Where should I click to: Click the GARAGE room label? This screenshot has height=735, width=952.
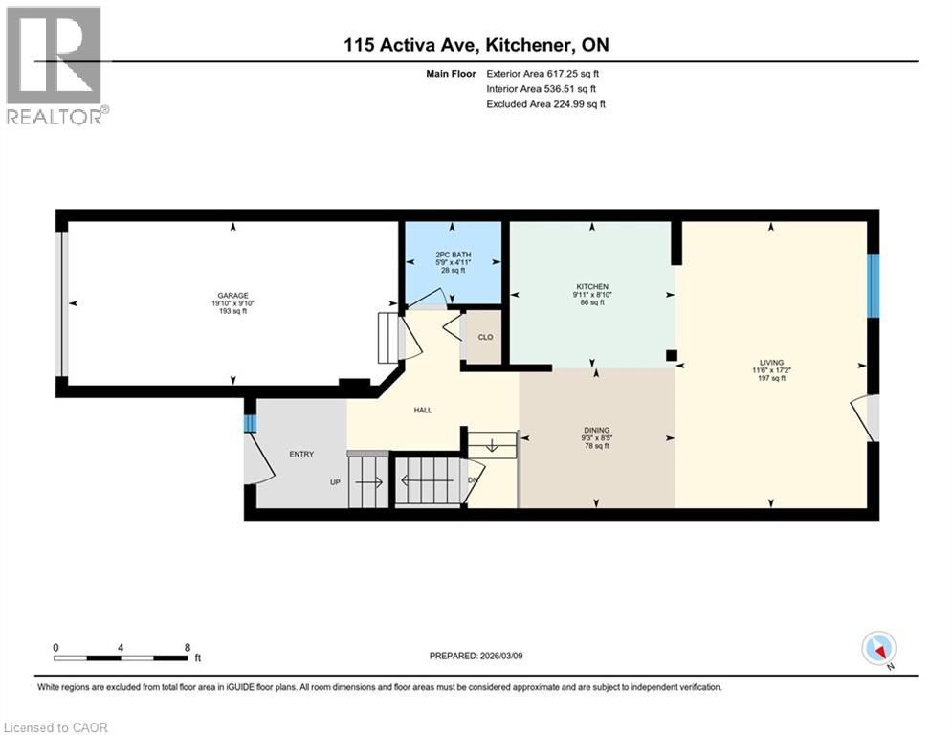(227, 296)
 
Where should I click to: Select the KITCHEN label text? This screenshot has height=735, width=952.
(592, 286)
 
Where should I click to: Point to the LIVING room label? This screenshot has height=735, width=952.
(770, 363)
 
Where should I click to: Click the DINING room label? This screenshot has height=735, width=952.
(596, 430)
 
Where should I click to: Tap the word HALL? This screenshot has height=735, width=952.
(422, 410)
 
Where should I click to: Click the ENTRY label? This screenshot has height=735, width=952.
(301, 454)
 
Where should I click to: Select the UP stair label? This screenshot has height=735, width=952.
(335, 481)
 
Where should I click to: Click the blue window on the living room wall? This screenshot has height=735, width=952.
(872, 285)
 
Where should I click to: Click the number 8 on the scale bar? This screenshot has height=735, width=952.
(187, 647)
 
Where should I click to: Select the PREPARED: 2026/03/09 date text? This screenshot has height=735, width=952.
(484, 656)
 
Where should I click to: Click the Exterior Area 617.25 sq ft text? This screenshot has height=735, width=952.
(543, 73)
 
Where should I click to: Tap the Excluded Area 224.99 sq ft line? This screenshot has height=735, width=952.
(545, 103)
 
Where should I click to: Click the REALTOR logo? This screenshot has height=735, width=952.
(55, 65)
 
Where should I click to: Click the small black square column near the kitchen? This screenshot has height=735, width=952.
(672, 355)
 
